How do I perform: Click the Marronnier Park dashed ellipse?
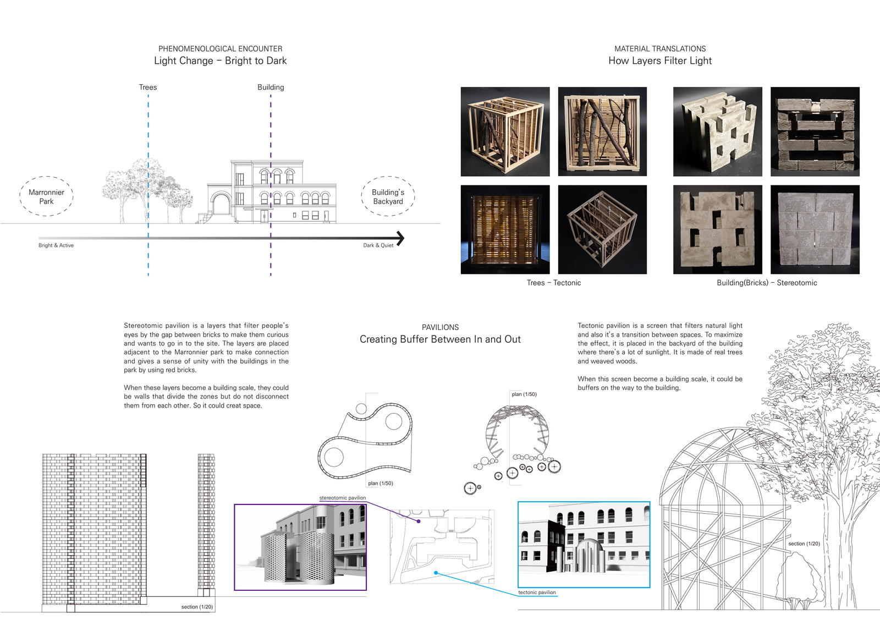(46, 177)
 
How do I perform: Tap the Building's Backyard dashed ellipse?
(388, 177)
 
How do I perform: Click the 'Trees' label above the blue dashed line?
(148, 87)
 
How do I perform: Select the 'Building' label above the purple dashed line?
(271, 87)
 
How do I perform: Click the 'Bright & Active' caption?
(56, 245)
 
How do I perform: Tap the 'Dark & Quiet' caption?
(378, 245)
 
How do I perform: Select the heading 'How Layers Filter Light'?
(660, 61)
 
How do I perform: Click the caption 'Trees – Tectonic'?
(553, 283)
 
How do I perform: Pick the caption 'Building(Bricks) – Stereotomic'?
(767, 283)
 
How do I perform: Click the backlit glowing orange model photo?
(505, 229)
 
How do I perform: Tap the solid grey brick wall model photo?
(815, 229)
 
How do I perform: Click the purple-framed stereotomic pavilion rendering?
(300, 547)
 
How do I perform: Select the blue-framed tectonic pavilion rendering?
(584, 545)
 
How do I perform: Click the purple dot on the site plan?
(419, 522)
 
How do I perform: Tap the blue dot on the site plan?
(436, 573)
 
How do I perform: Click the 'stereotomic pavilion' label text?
(342, 498)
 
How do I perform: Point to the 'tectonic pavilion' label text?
(537, 592)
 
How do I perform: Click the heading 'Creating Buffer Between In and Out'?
(440, 339)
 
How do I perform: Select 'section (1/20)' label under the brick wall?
(197, 607)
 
